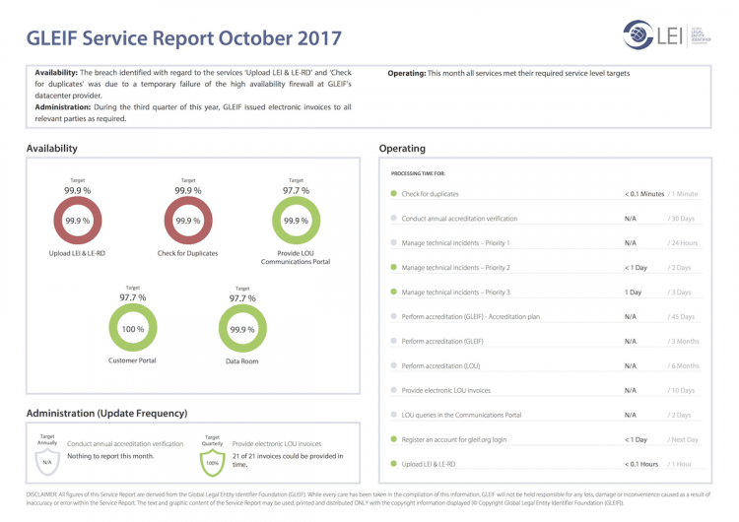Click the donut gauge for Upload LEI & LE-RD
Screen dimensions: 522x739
77,221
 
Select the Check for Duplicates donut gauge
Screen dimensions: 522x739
188,221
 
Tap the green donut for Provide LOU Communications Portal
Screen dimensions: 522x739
296,221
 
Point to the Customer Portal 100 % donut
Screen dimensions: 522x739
132,328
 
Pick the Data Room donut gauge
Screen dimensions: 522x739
241,328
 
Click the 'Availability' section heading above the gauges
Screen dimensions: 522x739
52,149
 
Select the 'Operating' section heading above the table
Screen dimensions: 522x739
402,149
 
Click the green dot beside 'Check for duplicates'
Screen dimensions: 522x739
394,194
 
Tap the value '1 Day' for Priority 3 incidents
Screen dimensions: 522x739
633,293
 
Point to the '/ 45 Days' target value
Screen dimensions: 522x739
681,317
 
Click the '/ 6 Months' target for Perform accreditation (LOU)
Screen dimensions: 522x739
683,366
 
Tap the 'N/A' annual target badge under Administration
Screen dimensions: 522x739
47,461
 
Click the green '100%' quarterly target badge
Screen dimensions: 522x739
212,461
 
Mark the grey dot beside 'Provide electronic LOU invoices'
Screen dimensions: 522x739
394,390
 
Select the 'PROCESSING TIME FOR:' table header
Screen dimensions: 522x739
418,173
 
